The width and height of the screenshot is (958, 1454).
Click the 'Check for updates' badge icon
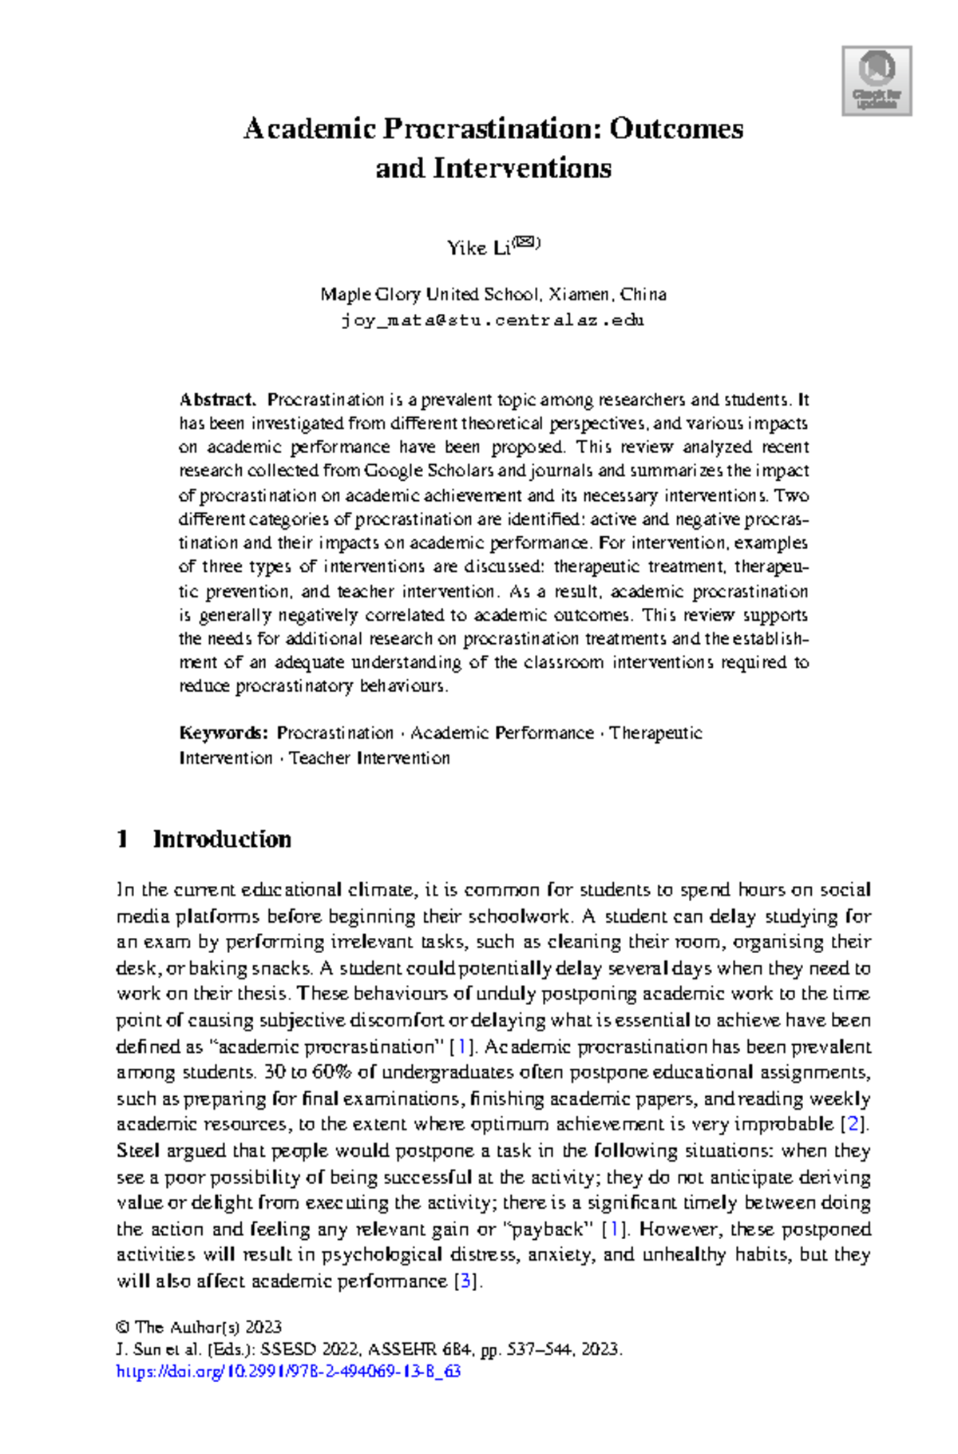coord(877,81)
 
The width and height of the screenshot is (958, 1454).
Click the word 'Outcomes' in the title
coord(676,129)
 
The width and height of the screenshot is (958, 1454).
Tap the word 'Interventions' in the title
coord(522,169)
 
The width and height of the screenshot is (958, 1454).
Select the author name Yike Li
coord(477,248)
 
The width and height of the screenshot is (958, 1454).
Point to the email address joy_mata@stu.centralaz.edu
coord(493,321)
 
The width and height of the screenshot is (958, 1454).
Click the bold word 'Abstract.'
coord(217,399)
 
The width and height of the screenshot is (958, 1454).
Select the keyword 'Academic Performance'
coord(502,733)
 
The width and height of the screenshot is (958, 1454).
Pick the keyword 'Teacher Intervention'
coord(369,758)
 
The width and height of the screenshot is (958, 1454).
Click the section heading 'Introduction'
coord(222,840)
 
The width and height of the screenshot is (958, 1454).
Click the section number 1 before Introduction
coord(122,840)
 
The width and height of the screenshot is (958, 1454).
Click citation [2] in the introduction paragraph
coord(855,1124)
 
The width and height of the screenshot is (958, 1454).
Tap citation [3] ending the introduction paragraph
coord(468,1281)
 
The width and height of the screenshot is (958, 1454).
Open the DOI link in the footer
coord(288,1373)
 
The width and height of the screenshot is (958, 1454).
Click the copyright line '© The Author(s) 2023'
coord(199,1328)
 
